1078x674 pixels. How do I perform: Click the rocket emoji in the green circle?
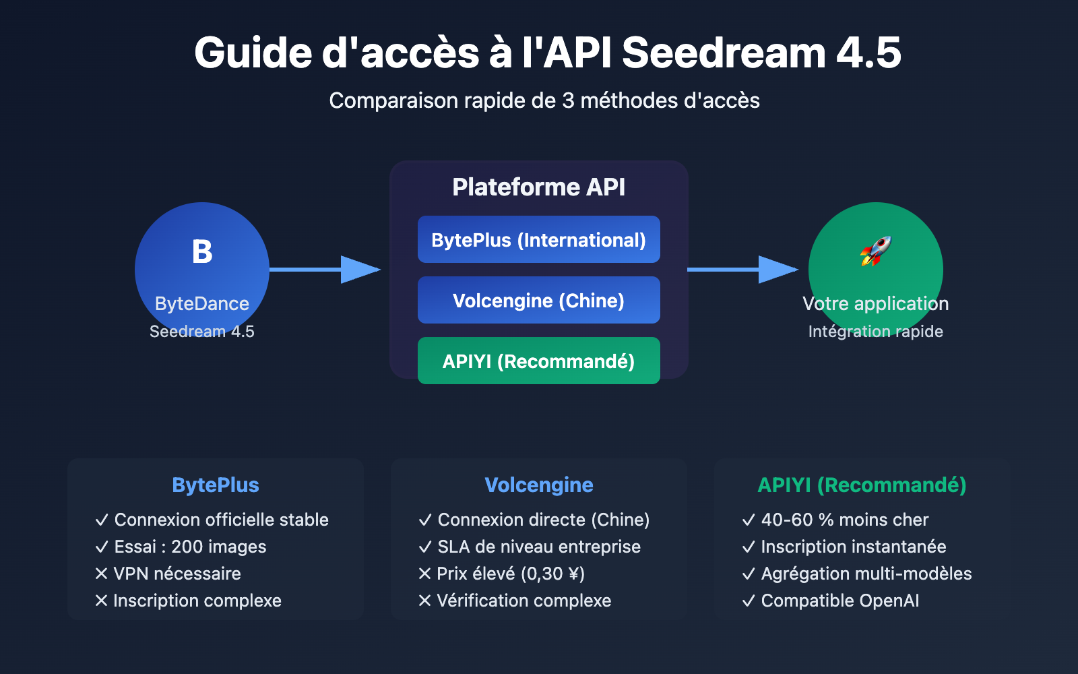tap(875, 251)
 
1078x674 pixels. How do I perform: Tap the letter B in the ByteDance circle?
tap(202, 252)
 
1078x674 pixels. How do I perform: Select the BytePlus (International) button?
tap(538, 240)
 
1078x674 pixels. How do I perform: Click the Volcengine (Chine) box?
tap(538, 301)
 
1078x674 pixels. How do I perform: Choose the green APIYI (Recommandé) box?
tap(538, 361)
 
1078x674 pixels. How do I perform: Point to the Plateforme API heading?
tap(538, 187)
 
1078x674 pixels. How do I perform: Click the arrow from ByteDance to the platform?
tap(325, 270)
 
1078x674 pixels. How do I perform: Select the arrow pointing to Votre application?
tap(743, 270)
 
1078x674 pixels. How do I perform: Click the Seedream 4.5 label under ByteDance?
tap(201, 332)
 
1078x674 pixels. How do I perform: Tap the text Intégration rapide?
tap(875, 332)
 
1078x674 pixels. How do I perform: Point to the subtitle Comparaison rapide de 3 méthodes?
tap(544, 101)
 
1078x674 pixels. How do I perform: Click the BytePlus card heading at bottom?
tap(216, 485)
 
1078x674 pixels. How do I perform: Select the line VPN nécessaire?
tap(177, 574)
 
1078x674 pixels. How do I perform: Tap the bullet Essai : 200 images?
tap(190, 547)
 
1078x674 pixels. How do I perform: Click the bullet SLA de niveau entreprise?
tap(538, 547)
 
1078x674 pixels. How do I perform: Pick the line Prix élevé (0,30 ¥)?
tap(510, 574)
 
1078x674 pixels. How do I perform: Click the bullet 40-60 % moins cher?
tap(844, 520)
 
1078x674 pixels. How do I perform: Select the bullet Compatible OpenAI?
tap(839, 601)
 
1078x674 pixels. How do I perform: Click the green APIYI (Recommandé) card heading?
tap(862, 485)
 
